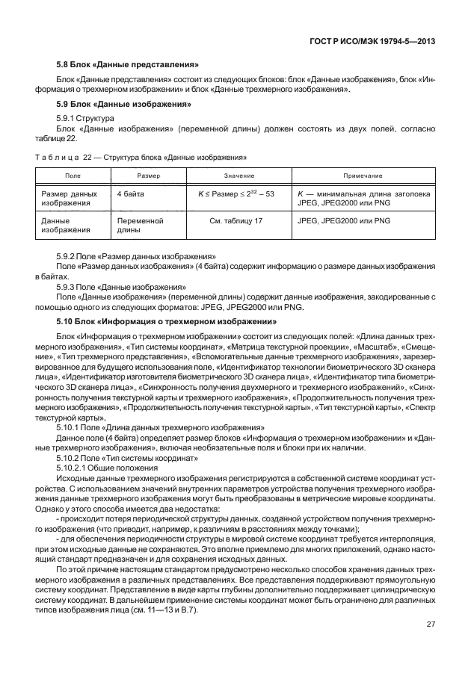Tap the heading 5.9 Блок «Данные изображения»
(121, 104)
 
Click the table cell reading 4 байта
(132, 193)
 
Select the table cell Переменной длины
(140, 226)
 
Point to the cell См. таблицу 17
(236, 222)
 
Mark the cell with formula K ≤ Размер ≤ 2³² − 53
(235, 193)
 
